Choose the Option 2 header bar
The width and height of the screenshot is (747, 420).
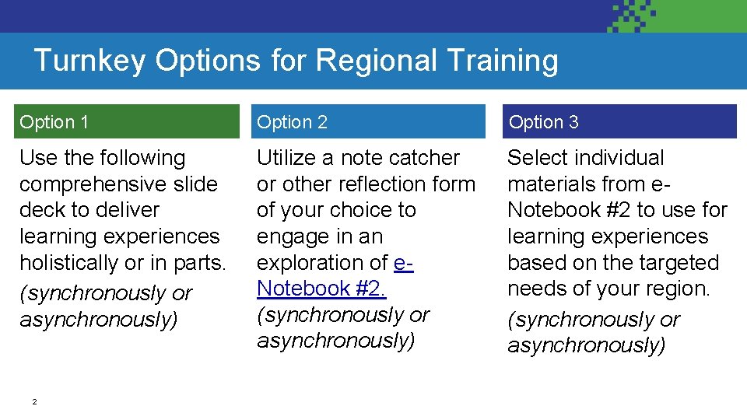(366, 122)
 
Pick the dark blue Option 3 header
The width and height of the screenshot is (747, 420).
(619, 122)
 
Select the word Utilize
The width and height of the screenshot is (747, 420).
(286, 158)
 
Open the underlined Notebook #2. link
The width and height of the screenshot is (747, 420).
(321, 289)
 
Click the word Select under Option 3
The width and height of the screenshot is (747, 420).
(540, 158)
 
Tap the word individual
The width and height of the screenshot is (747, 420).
(628, 158)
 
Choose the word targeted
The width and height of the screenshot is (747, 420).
(676, 263)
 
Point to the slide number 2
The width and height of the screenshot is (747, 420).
(34, 402)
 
